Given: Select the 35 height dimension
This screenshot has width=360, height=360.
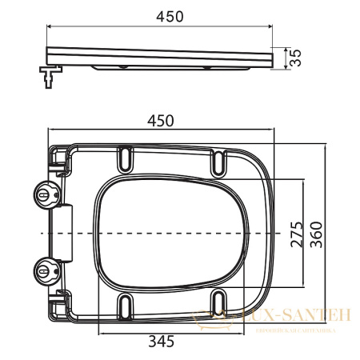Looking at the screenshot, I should (x=294, y=58).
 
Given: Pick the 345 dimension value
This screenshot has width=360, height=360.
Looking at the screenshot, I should (x=162, y=342).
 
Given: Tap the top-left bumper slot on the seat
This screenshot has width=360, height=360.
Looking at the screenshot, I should (x=126, y=160).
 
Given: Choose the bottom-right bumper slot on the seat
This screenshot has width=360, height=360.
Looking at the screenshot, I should (x=219, y=305).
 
